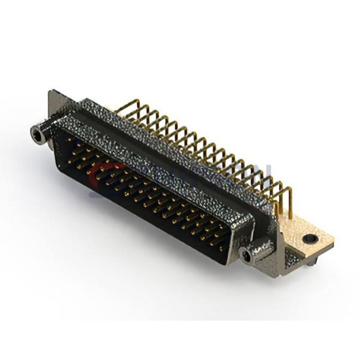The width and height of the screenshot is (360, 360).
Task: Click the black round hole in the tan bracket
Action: (310, 238)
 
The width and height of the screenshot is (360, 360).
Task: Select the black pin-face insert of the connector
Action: (144, 192)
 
